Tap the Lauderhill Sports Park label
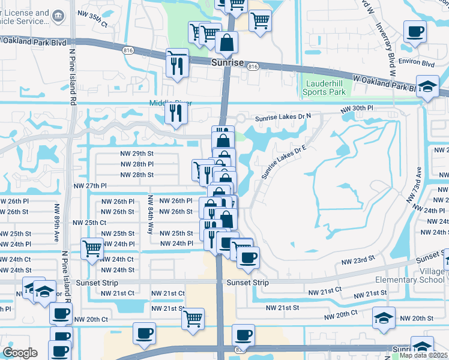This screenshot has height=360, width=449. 325,88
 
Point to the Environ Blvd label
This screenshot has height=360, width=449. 420,62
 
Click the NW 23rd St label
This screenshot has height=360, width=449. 358,261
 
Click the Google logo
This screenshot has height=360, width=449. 20,353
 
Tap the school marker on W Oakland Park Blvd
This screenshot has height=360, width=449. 427,86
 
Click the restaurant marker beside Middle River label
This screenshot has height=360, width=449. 176,114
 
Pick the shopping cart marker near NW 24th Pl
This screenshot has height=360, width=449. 92,248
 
